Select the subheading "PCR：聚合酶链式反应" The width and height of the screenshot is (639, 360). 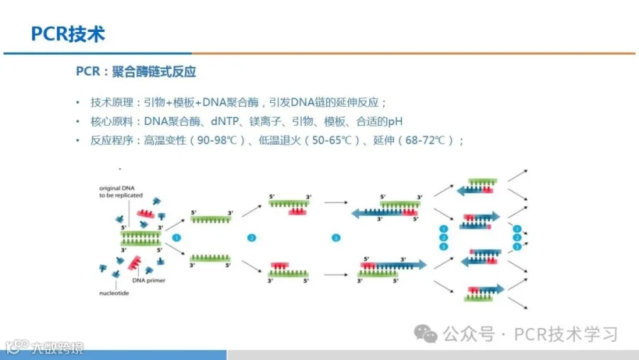[x=136, y=72]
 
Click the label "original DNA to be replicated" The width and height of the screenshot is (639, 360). [x=121, y=190]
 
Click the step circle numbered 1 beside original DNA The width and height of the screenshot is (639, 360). [x=177, y=237]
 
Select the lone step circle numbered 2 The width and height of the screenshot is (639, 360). [x=251, y=237]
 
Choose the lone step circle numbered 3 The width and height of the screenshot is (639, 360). [x=336, y=237]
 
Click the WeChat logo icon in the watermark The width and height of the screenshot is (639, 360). [x=427, y=334]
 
